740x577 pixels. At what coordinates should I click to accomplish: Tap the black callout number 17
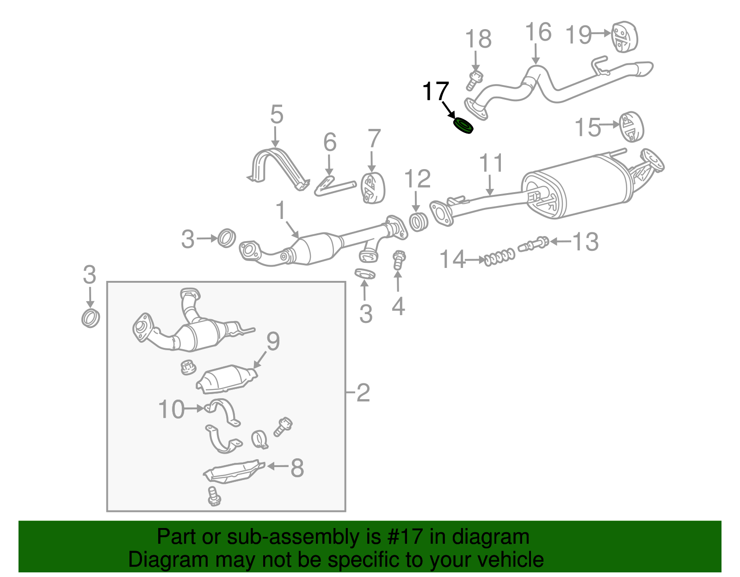(435, 91)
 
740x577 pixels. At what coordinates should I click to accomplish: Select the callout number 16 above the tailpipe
(538, 32)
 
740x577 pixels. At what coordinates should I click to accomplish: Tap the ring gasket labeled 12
(419, 222)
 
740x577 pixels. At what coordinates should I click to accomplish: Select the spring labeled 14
(499, 257)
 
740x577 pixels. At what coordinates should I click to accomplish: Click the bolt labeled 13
(534, 244)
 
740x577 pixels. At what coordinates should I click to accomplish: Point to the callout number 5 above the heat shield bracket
(276, 114)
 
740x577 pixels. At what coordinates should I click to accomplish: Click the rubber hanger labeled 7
(373, 188)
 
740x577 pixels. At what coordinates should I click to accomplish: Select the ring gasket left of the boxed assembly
(91, 318)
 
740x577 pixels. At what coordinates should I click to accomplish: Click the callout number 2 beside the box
(363, 393)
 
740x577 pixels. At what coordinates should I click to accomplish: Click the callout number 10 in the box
(171, 409)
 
